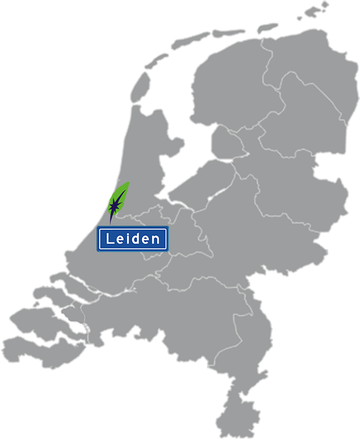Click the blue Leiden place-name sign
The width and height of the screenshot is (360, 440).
133,239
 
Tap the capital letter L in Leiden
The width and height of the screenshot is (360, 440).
110,239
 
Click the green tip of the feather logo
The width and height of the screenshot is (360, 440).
125,187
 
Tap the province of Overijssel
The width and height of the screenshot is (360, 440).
294,180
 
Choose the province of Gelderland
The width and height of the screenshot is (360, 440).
258,234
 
